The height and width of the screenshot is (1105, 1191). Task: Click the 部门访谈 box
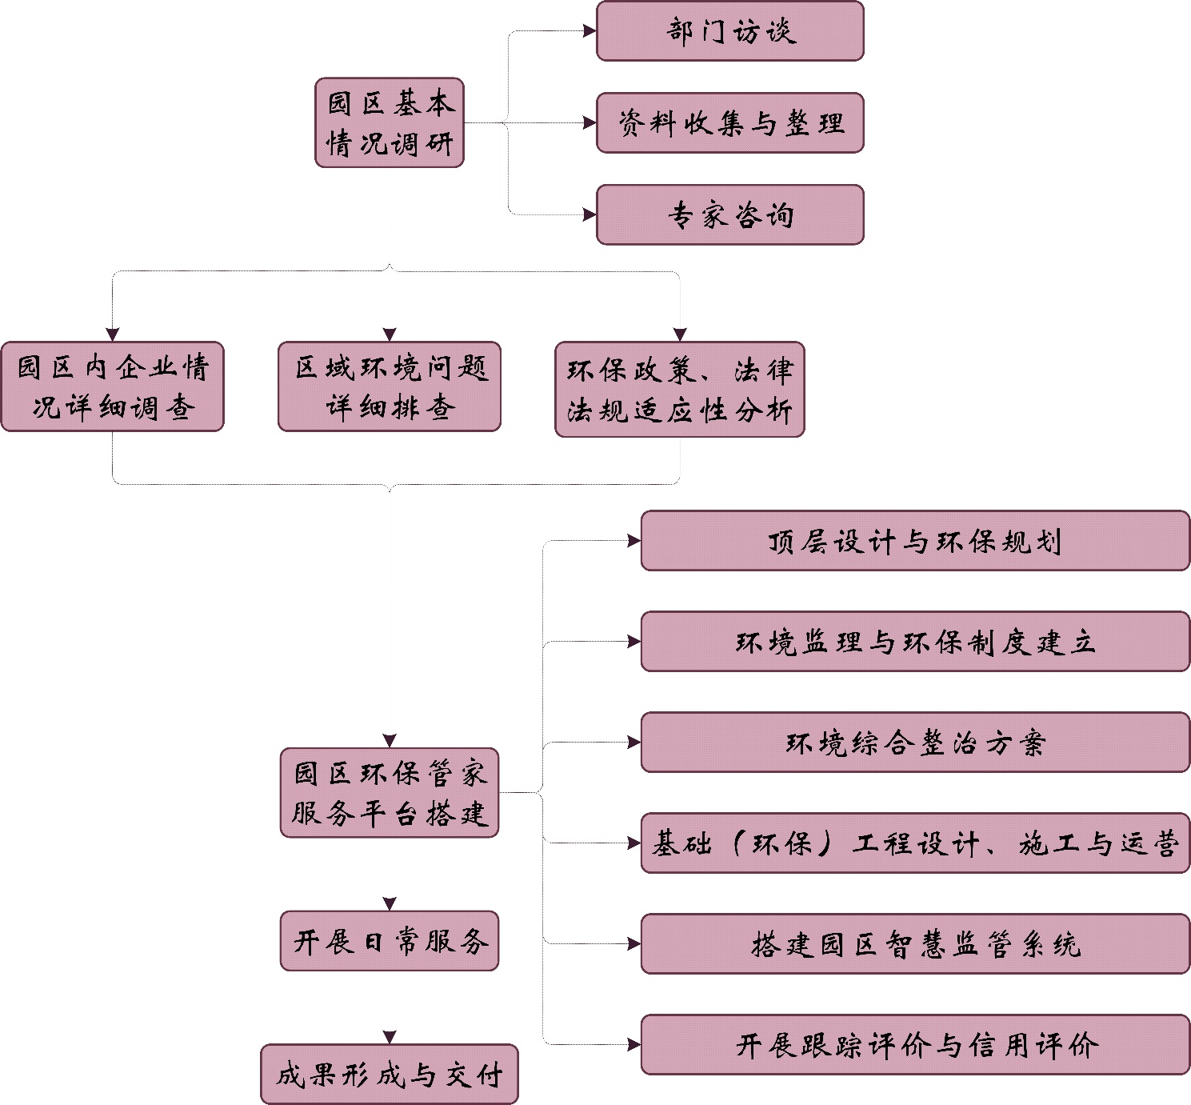tap(729, 31)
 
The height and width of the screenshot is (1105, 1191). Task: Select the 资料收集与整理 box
tap(729, 122)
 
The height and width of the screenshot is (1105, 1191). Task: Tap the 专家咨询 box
tap(729, 214)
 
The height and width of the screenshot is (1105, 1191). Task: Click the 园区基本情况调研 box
tap(390, 122)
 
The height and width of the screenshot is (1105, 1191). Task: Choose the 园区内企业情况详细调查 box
tap(113, 386)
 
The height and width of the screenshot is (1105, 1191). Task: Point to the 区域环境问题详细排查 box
tap(390, 386)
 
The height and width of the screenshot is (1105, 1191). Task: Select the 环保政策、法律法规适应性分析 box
tap(680, 390)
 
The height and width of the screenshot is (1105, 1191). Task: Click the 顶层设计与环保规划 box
tap(915, 541)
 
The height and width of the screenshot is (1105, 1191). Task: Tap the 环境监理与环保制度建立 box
tap(915, 642)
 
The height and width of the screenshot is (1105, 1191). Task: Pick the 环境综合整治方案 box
tap(915, 743)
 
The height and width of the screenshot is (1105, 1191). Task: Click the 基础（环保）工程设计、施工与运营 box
tap(915, 843)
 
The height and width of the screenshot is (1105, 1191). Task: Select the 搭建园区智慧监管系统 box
tap(915, 944)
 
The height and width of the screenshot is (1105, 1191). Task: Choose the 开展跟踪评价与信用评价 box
tap(915, 1045)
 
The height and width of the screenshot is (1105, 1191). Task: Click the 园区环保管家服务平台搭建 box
tap(390, 793)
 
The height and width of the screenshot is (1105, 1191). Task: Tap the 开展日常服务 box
tap(390, 941)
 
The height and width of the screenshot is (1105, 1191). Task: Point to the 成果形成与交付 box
tap(390, 1075)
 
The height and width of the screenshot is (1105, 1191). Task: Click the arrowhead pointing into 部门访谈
tap(590, 31)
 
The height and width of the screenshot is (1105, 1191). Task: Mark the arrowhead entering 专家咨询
tap(590, 214)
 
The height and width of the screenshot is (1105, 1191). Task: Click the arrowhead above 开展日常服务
tap(390, 904)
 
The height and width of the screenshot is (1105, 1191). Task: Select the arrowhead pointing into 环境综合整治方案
tap(634, 743)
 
